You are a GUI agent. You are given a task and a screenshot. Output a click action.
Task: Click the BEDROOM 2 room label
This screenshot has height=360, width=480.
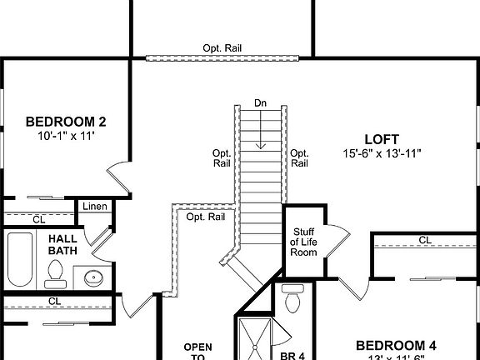pos(66,121)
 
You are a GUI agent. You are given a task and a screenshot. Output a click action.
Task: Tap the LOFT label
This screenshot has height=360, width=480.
pos(382,139)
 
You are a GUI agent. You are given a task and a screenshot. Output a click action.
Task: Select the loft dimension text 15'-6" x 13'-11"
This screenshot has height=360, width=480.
pos(382,153)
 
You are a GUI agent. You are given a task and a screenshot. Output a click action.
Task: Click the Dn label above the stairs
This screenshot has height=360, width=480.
pos(261,103)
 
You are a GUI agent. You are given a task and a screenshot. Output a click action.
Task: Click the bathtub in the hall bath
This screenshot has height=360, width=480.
pos(20,259)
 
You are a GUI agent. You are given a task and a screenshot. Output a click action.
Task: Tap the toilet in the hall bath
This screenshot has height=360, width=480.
pos(57,272)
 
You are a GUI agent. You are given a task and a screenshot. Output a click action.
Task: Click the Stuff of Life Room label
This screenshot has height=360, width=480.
pos(303,242)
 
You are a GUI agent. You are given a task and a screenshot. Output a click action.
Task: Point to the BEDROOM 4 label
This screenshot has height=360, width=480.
pos(396,345)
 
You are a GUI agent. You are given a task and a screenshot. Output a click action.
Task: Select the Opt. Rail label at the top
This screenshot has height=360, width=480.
pos(222,48)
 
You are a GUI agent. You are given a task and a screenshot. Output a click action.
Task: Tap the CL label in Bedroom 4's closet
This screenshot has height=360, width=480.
pos(425,240)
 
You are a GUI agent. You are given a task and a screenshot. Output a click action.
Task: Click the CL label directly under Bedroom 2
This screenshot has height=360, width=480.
pos(38,219)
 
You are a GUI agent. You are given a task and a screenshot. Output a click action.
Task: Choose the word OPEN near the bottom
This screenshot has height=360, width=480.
pos(198,347)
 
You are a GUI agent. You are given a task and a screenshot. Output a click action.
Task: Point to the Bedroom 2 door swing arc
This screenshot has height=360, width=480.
pos(119,179)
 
